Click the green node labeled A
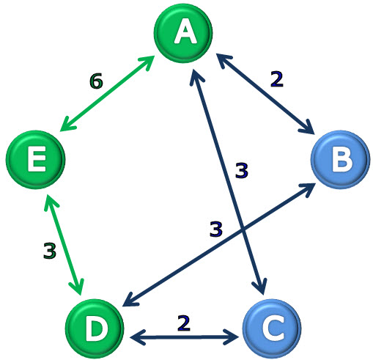(183, 33)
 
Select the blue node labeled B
(341, 160)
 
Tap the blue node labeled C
(272, 328)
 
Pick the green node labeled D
(95, 328)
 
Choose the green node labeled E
(35, 160)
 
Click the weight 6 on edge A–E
(96, 81)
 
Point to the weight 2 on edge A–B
(277, 79)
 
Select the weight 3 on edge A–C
(242, 170)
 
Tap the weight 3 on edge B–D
(216, 229)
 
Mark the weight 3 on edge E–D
(50, 251)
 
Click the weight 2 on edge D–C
(184, 323)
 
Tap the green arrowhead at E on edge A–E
(67, 125)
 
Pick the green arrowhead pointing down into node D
(78, 287)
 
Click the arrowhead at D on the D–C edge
(137, 337)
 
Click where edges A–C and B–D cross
(242, 229)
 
